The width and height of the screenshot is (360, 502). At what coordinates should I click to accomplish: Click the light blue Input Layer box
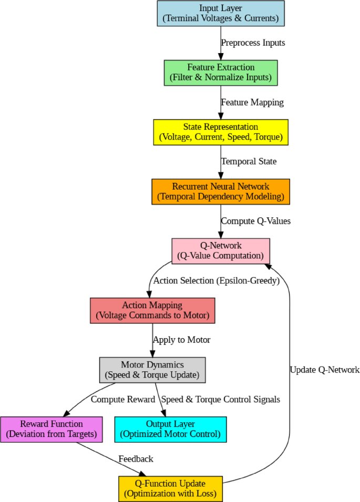click(x=221, y=13)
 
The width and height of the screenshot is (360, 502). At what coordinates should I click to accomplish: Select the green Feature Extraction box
click(x=221, y=72)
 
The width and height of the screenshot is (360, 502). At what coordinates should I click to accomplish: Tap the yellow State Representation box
click(x=221, y=132)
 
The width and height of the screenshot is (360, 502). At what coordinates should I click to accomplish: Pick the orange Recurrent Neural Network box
click(x=221, y=192)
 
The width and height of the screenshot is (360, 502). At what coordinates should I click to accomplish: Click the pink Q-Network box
click(x=221, y=251)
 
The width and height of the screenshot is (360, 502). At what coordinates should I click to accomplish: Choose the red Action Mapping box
click(x=152, y=310)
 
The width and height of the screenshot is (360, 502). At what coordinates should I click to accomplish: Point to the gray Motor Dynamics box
click(x=152, y=370)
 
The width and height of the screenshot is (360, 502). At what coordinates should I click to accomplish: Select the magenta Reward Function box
click(x=51, y=430)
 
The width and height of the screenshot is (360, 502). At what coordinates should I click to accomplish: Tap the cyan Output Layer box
click(x=170, y=430)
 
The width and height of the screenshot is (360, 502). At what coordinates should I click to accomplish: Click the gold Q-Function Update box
click(x=170, y=489)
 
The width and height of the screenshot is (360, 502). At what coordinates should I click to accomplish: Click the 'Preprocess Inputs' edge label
click(x=253, y=43)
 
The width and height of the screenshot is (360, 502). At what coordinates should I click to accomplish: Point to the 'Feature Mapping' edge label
click(x=252, y=102)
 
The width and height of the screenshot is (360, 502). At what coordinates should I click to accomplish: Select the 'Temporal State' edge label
click(x=249, y=162)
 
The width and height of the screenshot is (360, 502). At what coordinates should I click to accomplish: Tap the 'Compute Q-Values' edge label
click(x=255, y=221)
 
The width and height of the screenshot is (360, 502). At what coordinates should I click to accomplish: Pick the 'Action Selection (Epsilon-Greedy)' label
click(x=215, y=280)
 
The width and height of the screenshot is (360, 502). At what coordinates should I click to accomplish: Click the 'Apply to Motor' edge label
click(x=181, y=340)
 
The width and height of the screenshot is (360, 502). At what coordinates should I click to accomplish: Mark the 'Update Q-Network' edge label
click(x=324, y=370)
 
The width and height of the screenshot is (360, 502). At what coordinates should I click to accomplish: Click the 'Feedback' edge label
click(x=136, y=459)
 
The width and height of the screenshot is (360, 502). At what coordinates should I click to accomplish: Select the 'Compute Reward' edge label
click(x=123, y=400)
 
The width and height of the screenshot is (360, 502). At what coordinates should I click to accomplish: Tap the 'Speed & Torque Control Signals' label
click(x=220, y=400)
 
